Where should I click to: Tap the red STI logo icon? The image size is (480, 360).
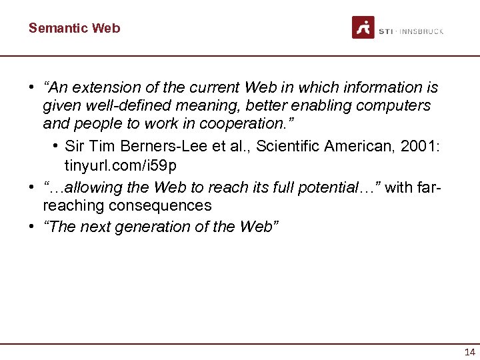(x=363, y=27)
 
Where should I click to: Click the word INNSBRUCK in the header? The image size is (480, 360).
(x=421, y=31)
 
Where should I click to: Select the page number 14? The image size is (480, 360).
(x=470, y=353)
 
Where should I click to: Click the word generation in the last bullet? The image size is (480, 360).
(x=146, y=227)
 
